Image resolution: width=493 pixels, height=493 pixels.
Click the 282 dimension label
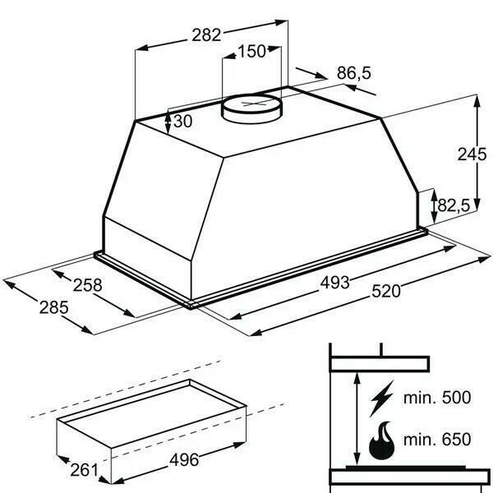point(206,35)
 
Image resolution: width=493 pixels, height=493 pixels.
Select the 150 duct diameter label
point(252,51)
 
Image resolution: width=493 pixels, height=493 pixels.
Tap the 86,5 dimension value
point(353,73)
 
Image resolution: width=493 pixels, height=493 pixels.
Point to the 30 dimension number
point(182,121)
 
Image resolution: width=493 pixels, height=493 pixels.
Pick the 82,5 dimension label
point(454,206)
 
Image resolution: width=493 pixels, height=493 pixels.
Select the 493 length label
point(335,283)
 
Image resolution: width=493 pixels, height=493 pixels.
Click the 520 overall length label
point(386,291)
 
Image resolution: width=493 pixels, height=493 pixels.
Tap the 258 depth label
point(88,285)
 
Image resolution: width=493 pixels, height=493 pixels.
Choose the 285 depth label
point(53,307)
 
